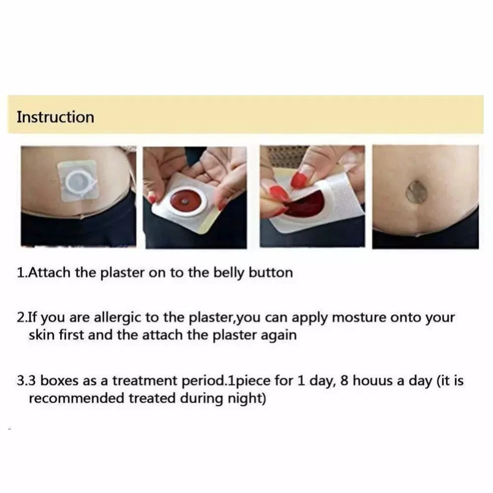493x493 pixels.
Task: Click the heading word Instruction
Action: click(55, 117)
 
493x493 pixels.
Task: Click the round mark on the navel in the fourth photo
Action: click(416, 192)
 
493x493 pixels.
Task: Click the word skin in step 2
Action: click(41, 335)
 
